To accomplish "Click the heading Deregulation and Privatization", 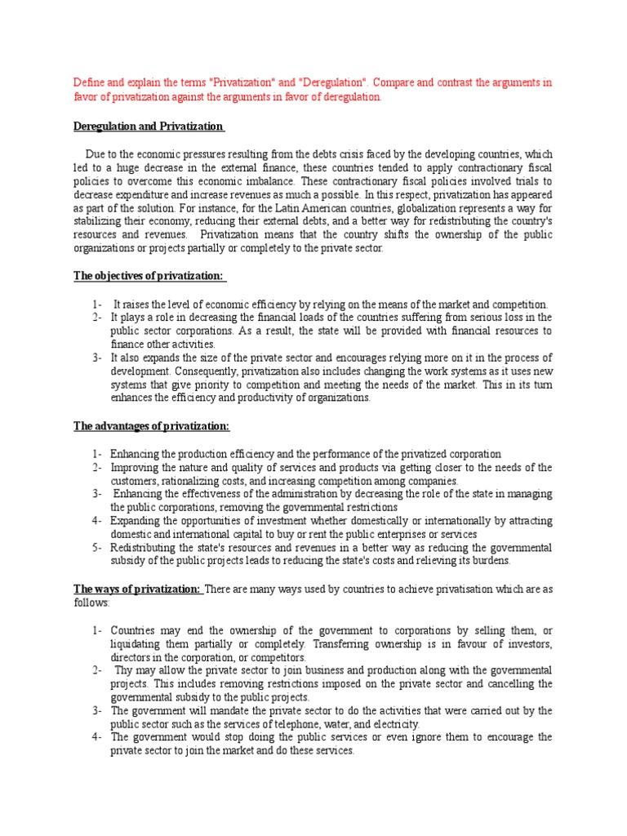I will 148,127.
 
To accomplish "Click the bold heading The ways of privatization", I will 137,589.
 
